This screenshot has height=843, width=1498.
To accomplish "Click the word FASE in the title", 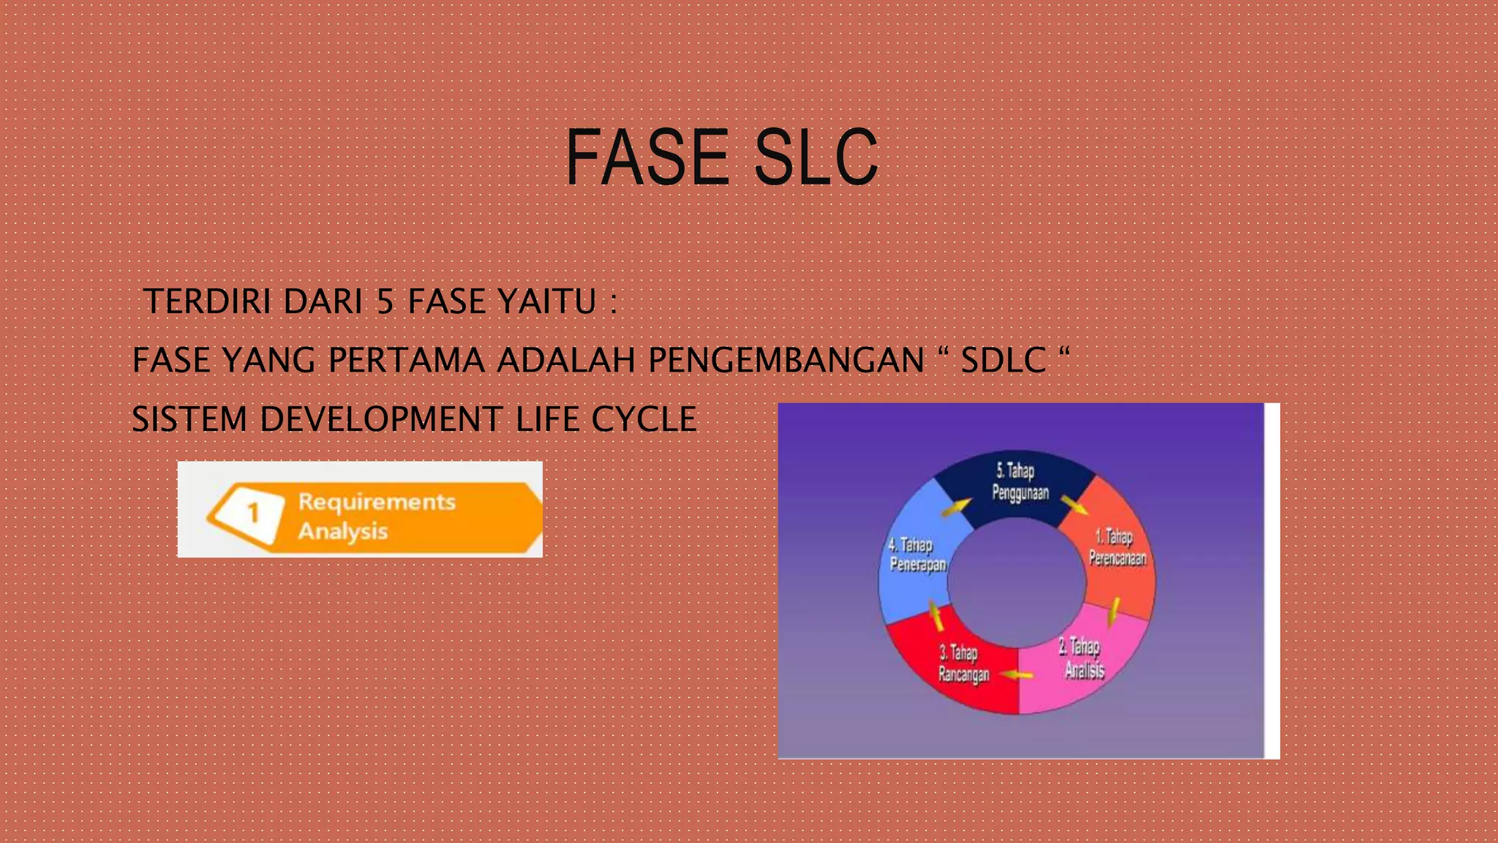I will pos(647,157).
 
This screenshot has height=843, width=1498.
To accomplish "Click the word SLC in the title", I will pos(816,157).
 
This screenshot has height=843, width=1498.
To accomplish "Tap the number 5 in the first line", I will pos(385,301).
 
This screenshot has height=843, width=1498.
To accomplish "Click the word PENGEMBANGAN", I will pos(786,360).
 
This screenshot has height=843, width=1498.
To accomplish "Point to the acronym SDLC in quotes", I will pos(1003,360).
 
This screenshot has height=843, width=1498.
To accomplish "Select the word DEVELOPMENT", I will pos(380,419).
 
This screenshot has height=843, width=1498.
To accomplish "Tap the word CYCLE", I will pos(644,419).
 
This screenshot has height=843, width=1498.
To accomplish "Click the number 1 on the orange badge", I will pos(253,513).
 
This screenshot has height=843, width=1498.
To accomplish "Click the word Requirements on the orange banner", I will pos(377,502).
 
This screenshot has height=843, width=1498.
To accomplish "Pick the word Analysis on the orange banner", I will pos(342,531).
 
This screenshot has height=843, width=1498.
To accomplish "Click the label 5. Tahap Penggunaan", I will pos(1020,482).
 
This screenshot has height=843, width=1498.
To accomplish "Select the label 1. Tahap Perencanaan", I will pos(1117,547).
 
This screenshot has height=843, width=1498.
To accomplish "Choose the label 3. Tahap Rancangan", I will pos(963,663).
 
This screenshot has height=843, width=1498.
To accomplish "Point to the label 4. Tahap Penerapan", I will pos(917,555).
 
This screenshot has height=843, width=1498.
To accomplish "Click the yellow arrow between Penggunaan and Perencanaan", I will pos(1074,504).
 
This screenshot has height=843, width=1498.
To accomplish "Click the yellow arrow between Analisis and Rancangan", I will pos(1017,674).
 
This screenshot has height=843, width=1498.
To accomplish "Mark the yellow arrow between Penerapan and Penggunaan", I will pos(955,506).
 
